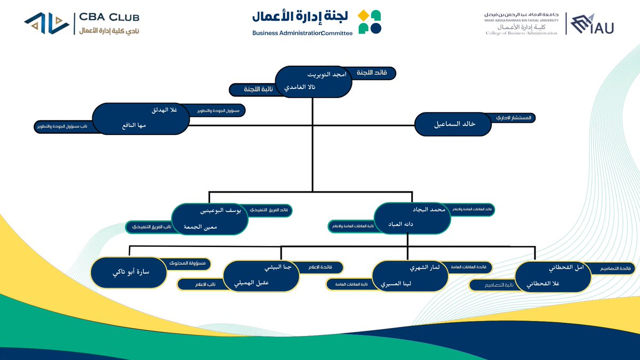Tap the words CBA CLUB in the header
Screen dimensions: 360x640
coord(109,18)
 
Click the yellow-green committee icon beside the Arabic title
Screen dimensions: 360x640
coord(369,22)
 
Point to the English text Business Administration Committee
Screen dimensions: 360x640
coord(302,33)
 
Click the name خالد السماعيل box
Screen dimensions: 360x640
coord(453,124)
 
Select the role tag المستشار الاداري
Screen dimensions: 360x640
coord(513,117)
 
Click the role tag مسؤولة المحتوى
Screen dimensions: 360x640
coord(189,263)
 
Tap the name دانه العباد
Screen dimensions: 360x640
coord(410,225)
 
